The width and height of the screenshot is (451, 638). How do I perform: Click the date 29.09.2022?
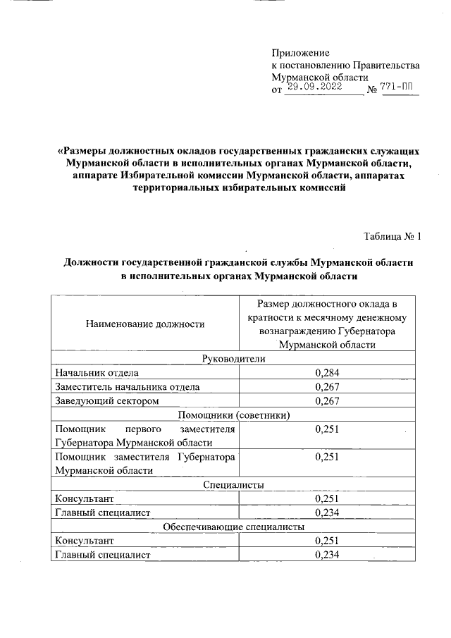pos(315,87)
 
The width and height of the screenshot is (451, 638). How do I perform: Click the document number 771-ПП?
pos(395,87)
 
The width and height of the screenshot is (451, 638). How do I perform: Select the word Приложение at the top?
pos(301,52)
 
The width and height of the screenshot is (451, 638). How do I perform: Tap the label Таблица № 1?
pos(393,236)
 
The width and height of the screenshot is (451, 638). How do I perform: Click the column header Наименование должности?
pos(145,324)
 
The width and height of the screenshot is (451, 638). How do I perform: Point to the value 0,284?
pos(328,372)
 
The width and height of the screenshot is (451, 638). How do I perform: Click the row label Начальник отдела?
pos(97,372)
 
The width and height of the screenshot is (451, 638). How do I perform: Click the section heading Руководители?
pos(233,358)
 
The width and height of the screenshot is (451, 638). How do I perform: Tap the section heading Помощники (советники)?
pos(233,415)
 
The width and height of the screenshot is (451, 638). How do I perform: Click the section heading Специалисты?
pos(233,485)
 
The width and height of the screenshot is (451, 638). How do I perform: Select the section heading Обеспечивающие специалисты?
pos(233,527)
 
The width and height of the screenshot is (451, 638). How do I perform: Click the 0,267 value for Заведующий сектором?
pos(328,401)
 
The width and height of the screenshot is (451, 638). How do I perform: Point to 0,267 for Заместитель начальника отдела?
pos(328,387)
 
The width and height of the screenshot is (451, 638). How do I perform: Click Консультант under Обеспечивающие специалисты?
pos(84,541)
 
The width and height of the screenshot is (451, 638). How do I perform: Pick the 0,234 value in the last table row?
pos(328,555)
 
